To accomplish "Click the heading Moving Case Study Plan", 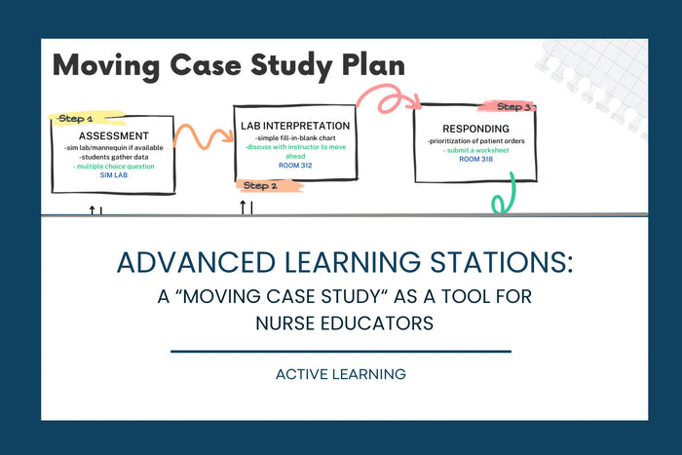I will pos(229,65).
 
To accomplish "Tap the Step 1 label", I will pos(76,118).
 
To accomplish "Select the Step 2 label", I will pos(260,185).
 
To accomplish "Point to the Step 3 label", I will pos(513,107).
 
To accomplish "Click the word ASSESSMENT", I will pos(113,134).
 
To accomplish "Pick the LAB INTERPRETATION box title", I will pos(294,126).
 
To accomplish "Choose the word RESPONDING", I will pos(474,128).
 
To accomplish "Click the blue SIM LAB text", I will pos(113,175).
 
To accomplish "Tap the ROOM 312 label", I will pos(294,165).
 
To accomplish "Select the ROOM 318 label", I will pos(475,158).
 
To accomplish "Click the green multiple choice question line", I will pos(113,167).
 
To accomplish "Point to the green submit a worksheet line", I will pos(475,150).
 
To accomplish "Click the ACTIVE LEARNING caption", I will pos(341,373).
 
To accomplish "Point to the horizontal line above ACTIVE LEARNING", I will pos(341,351).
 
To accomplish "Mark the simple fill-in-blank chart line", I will pos(294,139).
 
